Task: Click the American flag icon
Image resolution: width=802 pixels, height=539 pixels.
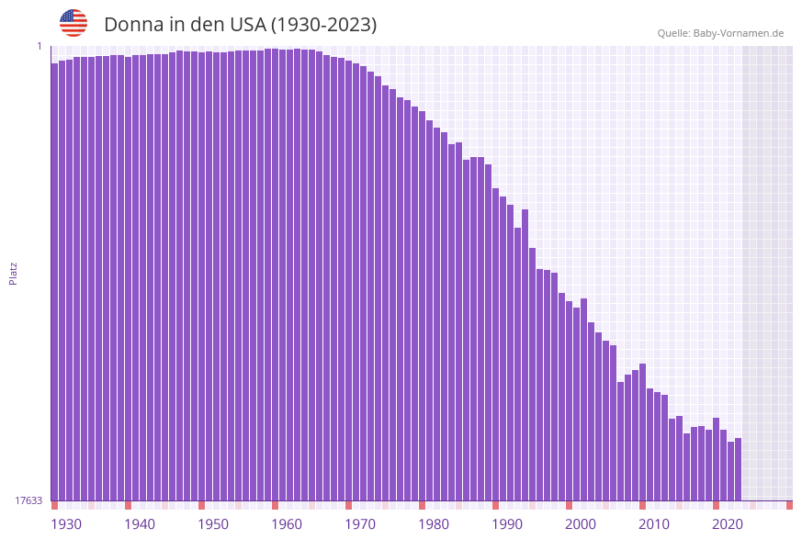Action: click(x=73, y=23)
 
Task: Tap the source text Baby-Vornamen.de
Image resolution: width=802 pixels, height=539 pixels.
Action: click(x=739, y=33)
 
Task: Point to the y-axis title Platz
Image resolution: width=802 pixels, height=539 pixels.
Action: click(x=14, y=273)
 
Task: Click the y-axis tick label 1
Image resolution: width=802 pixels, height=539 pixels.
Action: click(x=40, y=46)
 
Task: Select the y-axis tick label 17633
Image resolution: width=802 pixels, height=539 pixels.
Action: click(x=28, y=500)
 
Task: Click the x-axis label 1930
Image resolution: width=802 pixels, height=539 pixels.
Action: click(x=66, y=524)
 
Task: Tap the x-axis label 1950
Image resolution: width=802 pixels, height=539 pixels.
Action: click(x=213, y=524)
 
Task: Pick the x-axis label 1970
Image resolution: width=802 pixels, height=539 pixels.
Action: click(x=360, y=524)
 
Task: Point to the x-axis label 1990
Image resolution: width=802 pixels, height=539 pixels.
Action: click(x=507, y=524)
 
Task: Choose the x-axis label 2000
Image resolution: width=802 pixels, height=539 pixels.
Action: click(x=581, y=524)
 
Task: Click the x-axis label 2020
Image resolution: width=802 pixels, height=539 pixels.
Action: click(x=728, y=524)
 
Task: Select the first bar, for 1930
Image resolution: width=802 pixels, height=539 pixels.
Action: click(x=54, y=275)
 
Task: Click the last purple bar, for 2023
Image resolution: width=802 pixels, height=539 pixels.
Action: click(x=738, y=468)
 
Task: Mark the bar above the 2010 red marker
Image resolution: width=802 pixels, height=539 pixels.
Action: click(x=642, y=432)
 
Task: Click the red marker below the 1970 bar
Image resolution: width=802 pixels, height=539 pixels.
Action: click(x=348, y=505)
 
